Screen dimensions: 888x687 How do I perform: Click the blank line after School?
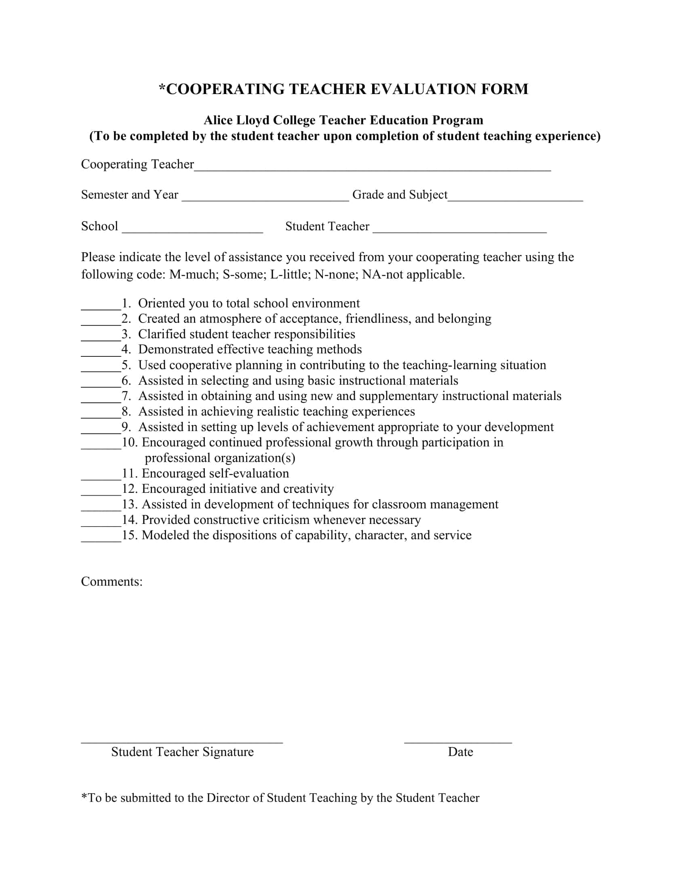192,230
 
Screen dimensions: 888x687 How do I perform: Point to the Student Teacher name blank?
459,230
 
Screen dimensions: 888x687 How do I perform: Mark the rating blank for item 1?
101,307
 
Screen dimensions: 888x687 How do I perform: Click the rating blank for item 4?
101,353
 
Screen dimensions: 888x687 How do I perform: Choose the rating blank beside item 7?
101,400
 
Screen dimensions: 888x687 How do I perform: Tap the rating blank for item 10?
101,446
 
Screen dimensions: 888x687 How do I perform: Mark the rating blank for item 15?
101,539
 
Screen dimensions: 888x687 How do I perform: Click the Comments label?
112,581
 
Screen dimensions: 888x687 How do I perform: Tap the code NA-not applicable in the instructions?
413,274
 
